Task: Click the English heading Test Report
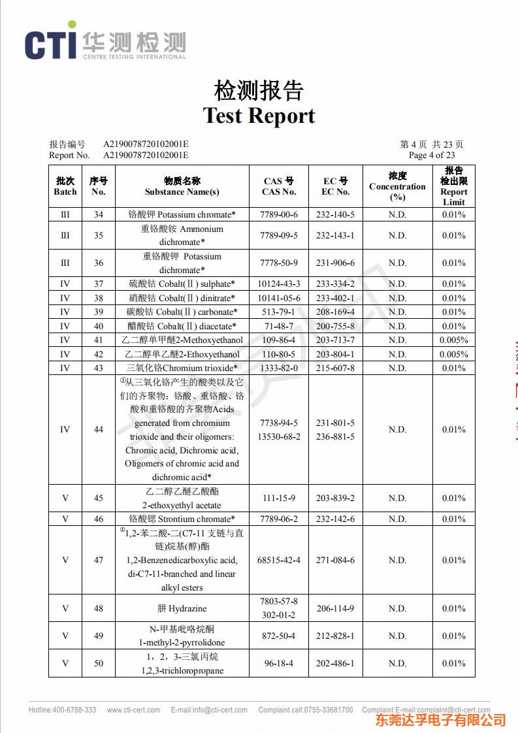point(259,116)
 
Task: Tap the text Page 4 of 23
point(431,155)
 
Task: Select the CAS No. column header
point(279,186)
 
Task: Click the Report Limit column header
point(453,186)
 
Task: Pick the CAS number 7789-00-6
point(279,215)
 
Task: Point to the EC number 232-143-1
point(335,235)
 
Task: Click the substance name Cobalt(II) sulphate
point(182,284)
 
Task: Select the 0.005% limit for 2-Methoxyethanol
point(453,340)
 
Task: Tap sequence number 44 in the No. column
point(98,429)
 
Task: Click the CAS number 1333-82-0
point(279,368)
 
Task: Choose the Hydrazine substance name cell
point(182,608)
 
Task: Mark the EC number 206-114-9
point(335,608)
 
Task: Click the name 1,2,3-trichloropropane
point(182,671)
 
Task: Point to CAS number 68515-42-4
point(279,560)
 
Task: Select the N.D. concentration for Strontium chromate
point(397,519)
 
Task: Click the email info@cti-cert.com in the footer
point(209,710)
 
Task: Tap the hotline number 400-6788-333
point(73,710)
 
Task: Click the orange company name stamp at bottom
point(440,720)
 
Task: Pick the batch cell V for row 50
point(65,663)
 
